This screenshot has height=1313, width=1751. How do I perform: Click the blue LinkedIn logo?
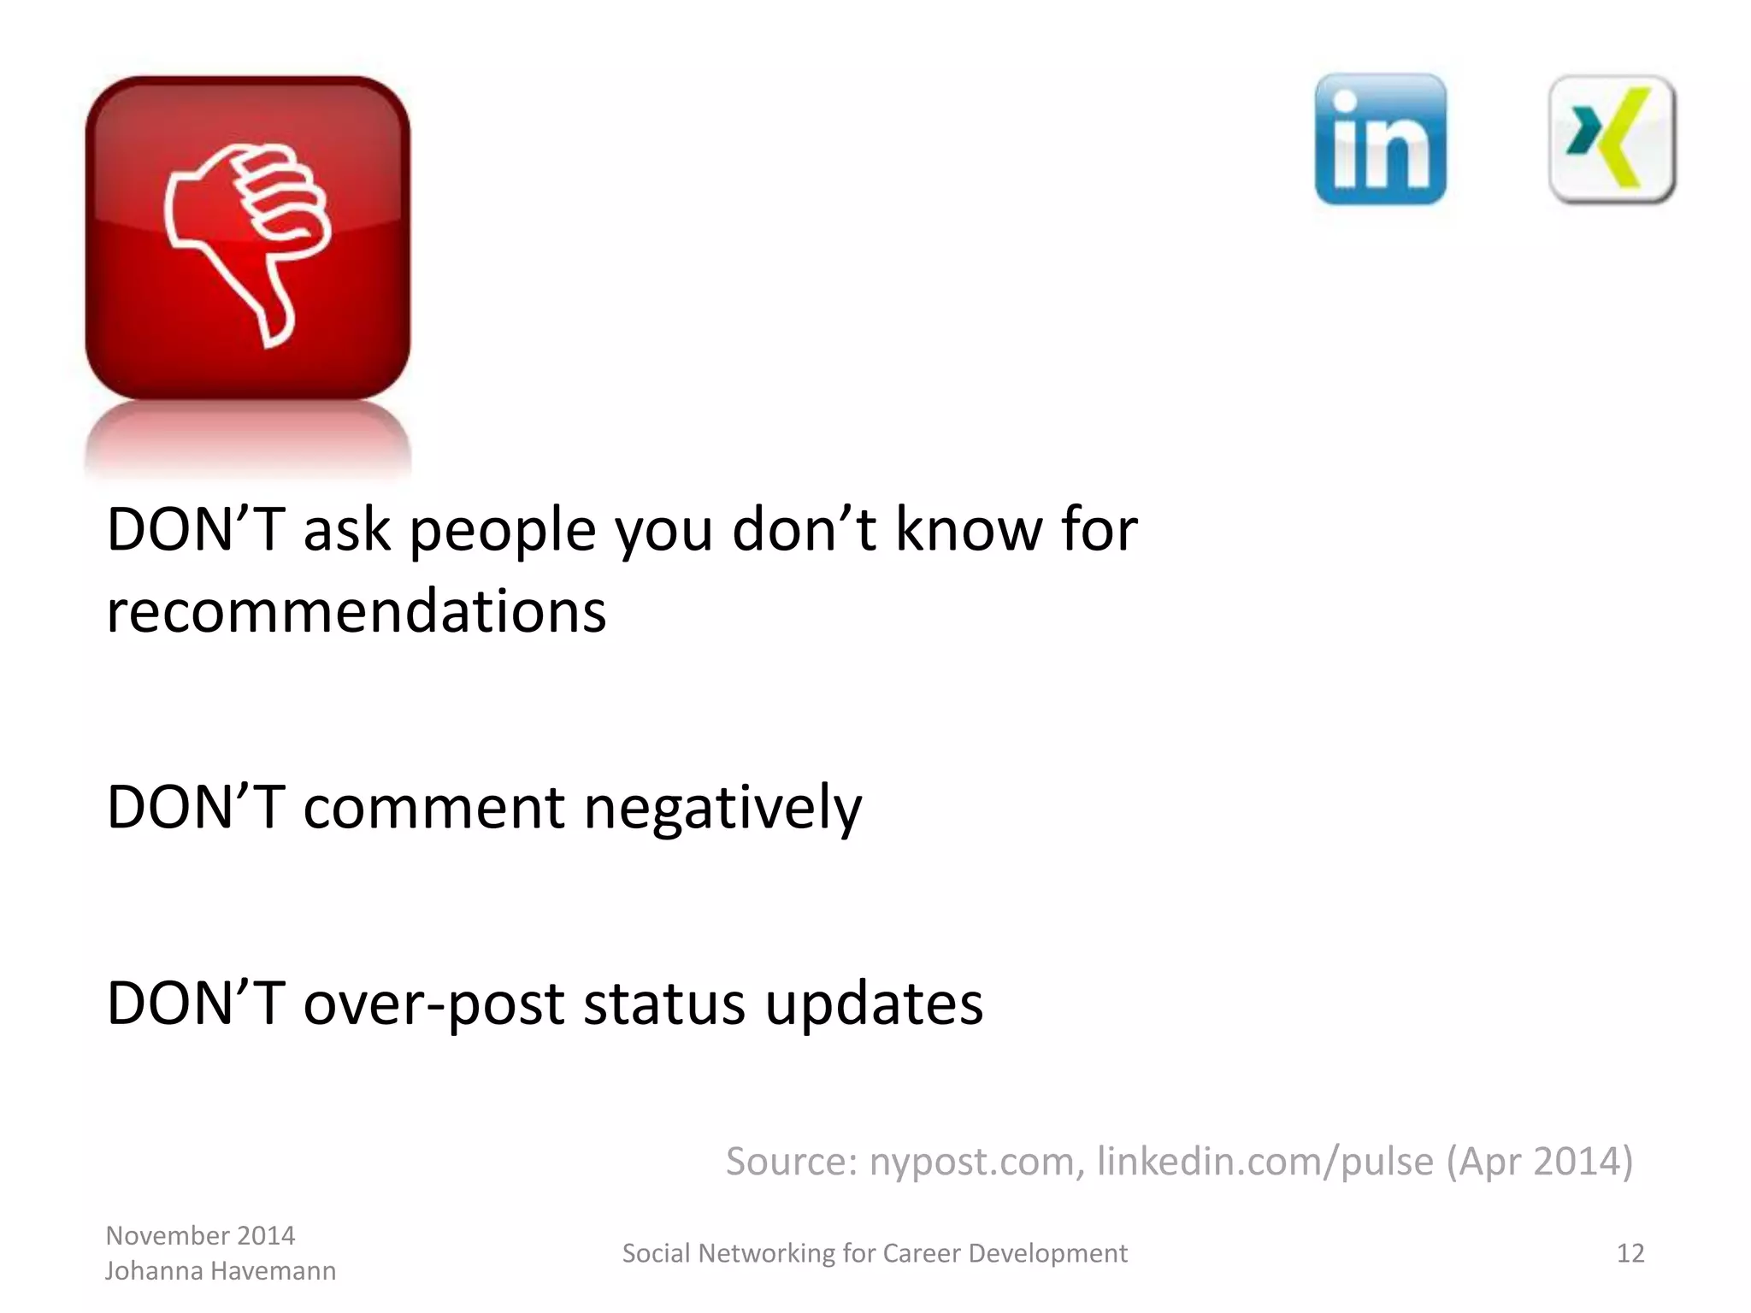1380,139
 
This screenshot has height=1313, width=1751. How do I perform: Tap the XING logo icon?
1612,139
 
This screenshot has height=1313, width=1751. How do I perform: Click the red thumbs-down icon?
247,238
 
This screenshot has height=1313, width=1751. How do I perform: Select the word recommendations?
356,612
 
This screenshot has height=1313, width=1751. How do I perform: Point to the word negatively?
722,808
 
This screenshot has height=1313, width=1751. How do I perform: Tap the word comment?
433,808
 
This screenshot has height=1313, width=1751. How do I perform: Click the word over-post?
433,1004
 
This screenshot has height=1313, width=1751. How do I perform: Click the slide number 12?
1630,1253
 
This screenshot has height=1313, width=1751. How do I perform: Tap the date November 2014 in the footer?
200,1236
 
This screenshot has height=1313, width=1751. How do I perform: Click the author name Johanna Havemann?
221,1271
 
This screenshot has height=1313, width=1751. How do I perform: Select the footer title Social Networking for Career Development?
875,1253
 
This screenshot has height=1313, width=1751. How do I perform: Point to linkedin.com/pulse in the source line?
1265,1162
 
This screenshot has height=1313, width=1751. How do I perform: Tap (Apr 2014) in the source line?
1539,1162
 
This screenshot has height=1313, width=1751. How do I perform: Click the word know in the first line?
968,530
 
